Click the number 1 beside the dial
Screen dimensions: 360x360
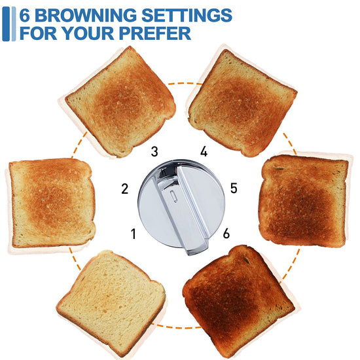134,234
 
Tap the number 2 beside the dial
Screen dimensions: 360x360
124,189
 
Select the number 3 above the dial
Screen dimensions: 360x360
154,152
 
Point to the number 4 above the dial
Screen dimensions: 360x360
204,151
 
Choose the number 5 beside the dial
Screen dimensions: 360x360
234,188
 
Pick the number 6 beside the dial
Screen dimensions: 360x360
226,233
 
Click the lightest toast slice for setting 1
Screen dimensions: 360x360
111,303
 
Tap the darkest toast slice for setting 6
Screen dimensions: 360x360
239,301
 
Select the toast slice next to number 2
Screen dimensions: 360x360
52,203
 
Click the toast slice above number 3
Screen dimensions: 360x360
120,102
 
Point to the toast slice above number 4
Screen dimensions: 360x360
242,103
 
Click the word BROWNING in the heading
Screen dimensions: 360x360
85,16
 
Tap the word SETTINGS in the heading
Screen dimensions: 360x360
187,16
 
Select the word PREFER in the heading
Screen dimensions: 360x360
155,33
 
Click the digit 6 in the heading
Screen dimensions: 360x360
25,16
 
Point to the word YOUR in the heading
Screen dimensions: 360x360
88,33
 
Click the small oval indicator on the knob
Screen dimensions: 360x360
173,196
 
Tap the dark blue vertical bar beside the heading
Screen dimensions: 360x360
6,24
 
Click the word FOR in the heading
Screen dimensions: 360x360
38,33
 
